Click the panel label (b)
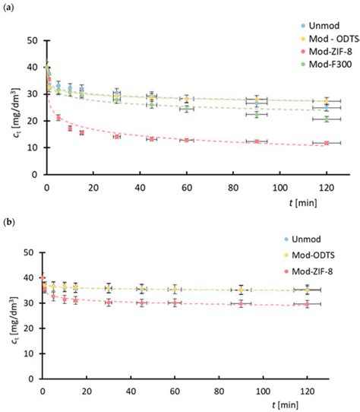11,220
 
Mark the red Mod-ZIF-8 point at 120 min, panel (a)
327,143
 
